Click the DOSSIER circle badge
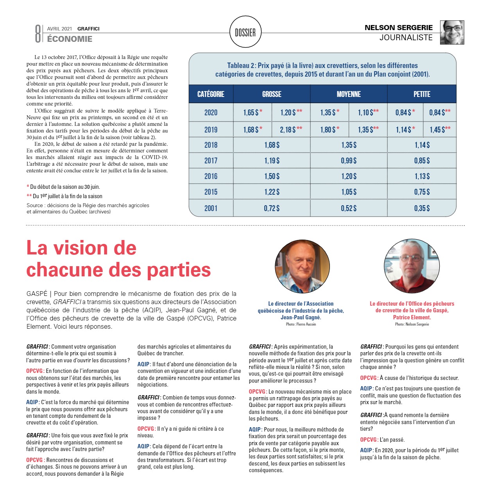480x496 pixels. (x=245, y=32)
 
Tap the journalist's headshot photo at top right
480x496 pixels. (x=452, y=32)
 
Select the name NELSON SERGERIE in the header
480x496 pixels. (x=398, y=28)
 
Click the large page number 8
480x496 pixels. (x=38, y=34)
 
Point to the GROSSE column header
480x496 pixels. (x=272, y=94)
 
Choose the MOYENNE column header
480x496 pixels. (x=349, y=94)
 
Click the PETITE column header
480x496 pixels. (x=422, y=94)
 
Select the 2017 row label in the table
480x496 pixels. (x=211, y=161)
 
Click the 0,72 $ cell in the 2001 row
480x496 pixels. (x=272, y=208)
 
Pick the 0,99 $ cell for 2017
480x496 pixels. (x=349, y=161)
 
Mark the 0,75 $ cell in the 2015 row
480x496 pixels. (x=422, y=192)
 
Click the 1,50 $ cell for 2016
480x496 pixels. (x=272, y=176)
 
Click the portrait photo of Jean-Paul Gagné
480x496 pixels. (x=303, y=267)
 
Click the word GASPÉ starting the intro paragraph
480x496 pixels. (x=37, y=294)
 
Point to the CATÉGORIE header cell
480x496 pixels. (x=211, y=94)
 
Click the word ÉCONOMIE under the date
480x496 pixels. (x=70, y=39)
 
